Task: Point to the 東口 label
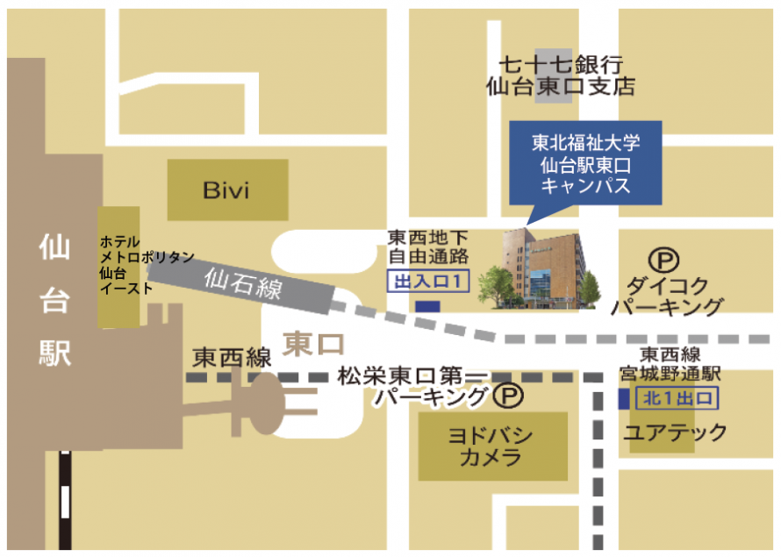[x=314, y=342]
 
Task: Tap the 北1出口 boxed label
[x=679, y=398]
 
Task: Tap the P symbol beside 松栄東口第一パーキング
[x=507, y=396]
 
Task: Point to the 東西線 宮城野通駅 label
[x=679, y=364]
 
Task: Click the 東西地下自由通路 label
[x=429, y=246]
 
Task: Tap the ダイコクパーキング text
[x=669, y=295]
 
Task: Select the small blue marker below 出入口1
[x=427, y=307]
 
